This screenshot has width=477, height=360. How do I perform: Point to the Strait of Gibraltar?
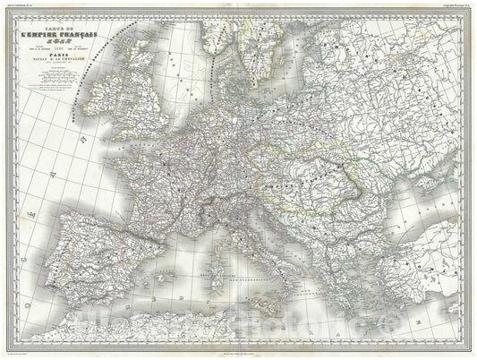click(x=82, y=290)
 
